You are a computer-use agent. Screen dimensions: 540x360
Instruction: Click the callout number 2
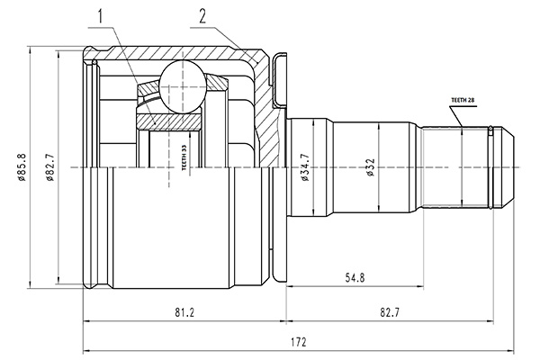[x=202, y=16]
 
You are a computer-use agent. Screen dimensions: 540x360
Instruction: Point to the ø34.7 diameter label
[x=307, y=169]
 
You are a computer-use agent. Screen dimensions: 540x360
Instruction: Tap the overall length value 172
[x=298, y=342]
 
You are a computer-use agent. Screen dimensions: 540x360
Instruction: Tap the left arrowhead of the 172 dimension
[x=85, y=350]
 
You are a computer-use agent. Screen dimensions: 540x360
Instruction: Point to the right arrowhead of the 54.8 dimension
[x=419, y=287]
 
